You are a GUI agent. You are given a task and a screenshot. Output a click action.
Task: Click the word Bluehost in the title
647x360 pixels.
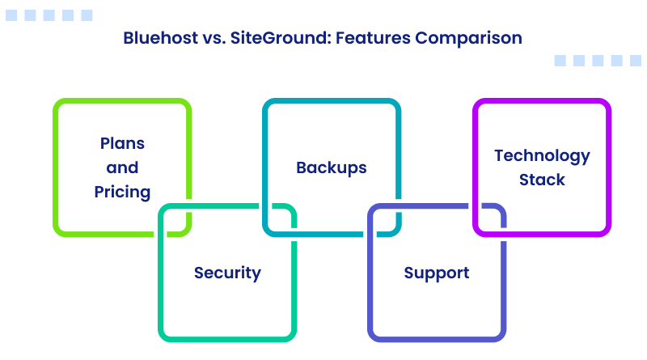(158, 37)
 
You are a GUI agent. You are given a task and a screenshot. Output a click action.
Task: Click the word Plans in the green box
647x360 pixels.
(122, 143)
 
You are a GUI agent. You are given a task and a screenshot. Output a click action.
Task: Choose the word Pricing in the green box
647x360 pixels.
(122, 192)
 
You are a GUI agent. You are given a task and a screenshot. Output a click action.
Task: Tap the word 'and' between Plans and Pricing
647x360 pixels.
(122, 167)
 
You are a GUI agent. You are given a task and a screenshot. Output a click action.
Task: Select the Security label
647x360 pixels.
(227, 273)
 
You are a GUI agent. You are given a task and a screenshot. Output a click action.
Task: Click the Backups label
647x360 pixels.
(332, 167)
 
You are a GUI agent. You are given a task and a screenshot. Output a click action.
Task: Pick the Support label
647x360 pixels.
(437, 273)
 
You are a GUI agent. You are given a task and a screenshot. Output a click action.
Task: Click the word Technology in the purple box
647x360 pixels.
(542, 155)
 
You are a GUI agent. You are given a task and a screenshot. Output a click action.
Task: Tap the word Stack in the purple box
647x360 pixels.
(542, 180)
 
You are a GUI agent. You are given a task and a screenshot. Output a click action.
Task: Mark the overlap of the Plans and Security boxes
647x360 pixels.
(175, 220)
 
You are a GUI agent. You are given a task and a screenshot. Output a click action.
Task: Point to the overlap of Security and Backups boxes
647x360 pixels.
(280, 220)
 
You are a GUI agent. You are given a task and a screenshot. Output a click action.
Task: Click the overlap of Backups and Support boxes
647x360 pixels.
(385, 220)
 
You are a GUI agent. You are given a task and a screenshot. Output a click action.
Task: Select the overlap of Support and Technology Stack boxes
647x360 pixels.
(490, 220)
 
